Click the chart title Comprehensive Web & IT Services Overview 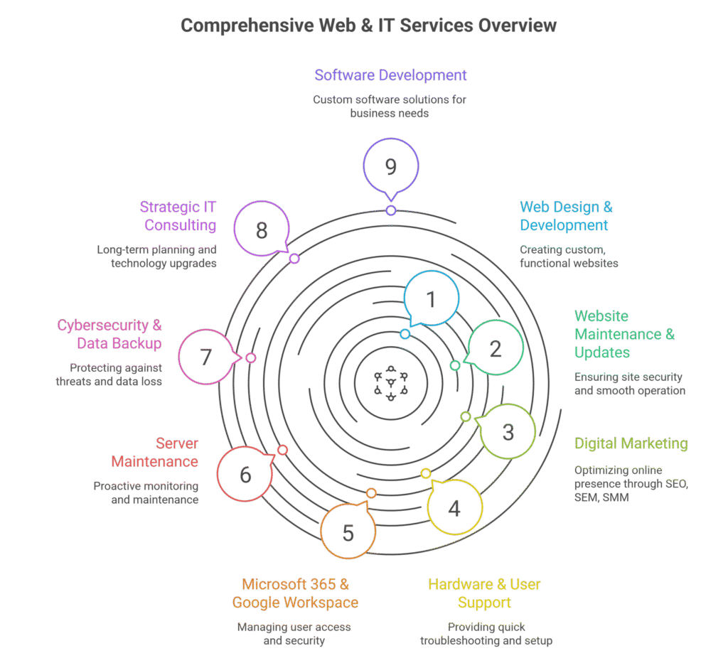tap(368, 26)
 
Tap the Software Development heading tap(390, 75)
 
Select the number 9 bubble tap(390, 167)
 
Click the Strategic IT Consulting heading tap(178, 216)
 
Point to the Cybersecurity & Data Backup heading tap(110, 335)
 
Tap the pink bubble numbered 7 tap(206, 357)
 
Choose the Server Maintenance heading tap(155, 453)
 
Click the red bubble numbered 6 tap(245, 474)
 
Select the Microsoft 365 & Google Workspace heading tap(295, 593)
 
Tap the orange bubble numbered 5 tap(348, 532)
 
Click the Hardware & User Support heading tap(484, 593)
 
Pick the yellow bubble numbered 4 tap(454, 507)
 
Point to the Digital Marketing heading tap(631, 443)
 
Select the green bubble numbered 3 tap(508, 431)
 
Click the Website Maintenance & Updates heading tap(624, 334)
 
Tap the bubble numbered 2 tap(496, 348)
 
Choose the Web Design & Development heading tap(566, 216)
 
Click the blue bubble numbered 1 tap(431, 299)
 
